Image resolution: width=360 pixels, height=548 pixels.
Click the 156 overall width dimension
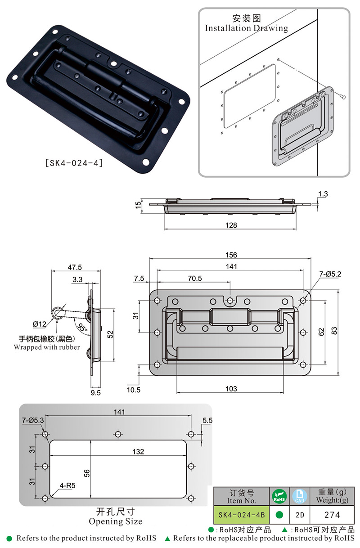231,255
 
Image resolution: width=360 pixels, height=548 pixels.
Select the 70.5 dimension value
195,278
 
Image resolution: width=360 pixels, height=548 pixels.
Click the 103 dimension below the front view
231,389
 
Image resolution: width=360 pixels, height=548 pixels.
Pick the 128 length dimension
231,225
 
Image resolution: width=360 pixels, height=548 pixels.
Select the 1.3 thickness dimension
323,194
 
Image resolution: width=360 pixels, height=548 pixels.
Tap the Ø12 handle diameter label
40,324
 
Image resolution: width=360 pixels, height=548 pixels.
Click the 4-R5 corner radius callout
67,485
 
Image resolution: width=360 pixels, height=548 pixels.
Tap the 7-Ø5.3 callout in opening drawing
33,420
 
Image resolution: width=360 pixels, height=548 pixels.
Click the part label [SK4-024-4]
74,162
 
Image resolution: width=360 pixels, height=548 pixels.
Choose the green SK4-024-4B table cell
241,515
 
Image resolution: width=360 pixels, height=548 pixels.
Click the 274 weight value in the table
332,515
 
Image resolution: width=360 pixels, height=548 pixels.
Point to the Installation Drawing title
247,28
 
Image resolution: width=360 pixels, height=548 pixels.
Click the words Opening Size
116,521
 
